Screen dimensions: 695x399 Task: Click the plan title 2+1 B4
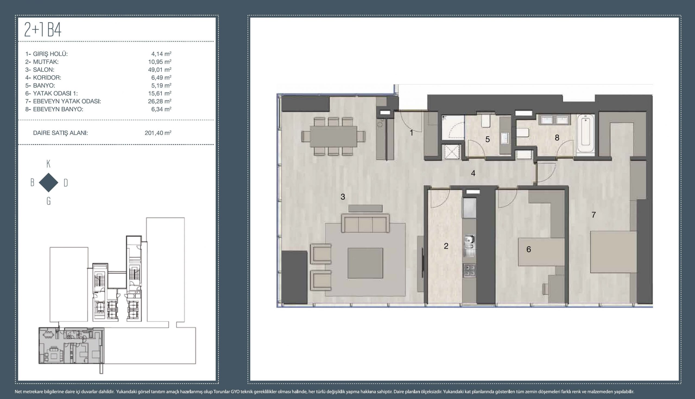coord(43,30)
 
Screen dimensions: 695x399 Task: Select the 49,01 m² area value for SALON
coord(160,70)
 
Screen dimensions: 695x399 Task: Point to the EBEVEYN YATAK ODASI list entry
coord(63,101)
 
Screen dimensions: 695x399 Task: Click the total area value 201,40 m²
coord(158,133)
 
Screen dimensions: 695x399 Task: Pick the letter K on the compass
coord(49,164)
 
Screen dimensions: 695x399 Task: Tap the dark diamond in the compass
coord(49,182)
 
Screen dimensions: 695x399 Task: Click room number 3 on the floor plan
coord(343,196)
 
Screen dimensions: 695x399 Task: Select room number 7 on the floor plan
coord(593,215)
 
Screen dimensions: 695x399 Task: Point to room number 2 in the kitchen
coord(446,246)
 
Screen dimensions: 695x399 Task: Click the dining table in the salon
coord(334,136)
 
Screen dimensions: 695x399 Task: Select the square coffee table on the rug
coord(365,263)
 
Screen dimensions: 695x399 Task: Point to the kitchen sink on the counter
coord(469,246)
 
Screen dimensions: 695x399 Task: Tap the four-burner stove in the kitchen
coord(469,270)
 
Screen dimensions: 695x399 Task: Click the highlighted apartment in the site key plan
coord(71,345)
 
